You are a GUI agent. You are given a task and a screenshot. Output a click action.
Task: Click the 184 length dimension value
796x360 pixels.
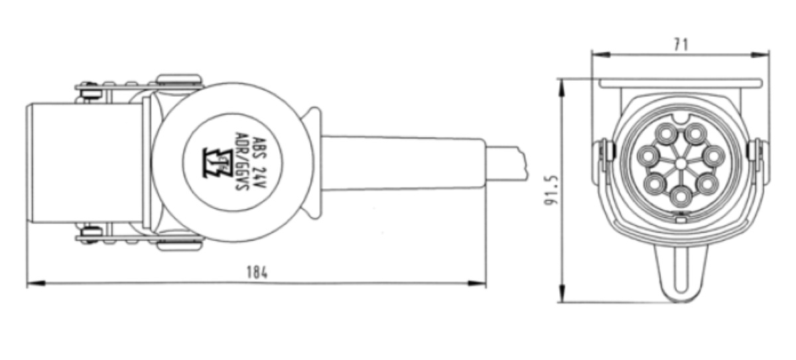point(257,272)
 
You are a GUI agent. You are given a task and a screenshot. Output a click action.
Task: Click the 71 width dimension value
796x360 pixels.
point(681,44)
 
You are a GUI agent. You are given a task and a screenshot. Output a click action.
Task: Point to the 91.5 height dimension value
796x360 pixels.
point(551,191)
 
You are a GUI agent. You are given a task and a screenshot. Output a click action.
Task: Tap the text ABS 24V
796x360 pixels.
point(260,164)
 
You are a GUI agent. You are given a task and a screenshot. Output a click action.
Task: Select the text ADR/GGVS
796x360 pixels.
point(241,162)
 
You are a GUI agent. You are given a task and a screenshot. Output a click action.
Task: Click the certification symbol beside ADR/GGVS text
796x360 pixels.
point(218,163)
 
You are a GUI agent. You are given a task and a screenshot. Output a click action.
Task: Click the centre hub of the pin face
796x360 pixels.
point(681,164)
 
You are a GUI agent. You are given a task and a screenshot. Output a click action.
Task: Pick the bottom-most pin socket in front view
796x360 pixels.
point(681,196)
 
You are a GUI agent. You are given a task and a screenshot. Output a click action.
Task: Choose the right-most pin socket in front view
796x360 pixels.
point(714,156)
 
